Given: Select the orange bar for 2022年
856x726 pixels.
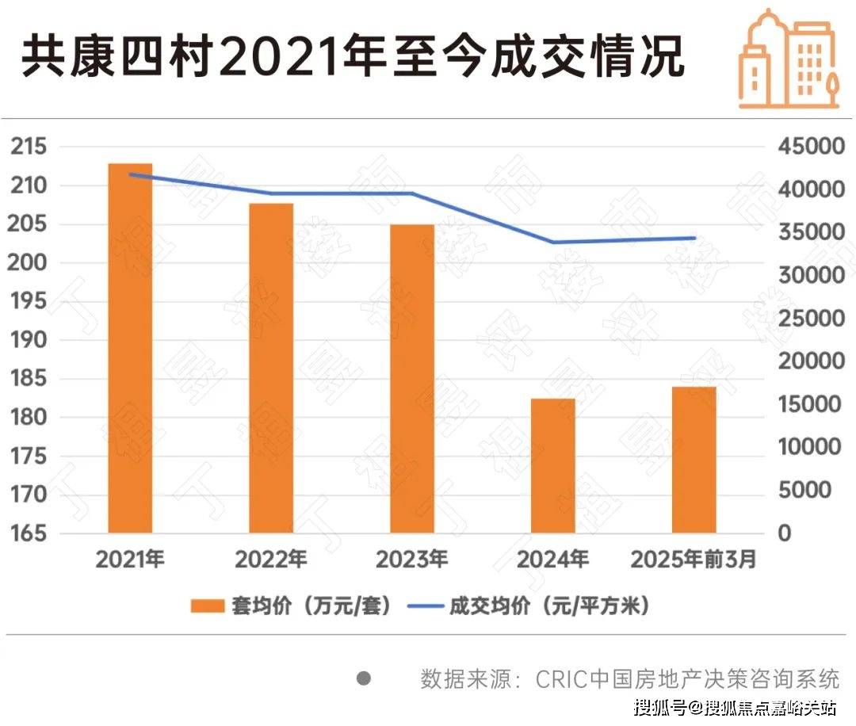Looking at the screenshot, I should click(x=271, y=368).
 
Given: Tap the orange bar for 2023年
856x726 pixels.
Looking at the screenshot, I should click(x=411, y=378).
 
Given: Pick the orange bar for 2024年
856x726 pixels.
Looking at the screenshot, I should click(x=552, y=465).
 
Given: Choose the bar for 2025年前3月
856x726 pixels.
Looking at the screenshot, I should click(x=694, y=460).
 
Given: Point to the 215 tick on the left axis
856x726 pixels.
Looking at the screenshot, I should click(x=28, y=147).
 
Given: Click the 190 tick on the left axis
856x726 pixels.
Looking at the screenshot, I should click(x=28, y=341).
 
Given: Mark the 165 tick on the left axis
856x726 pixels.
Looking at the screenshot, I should click(x=28, y=533).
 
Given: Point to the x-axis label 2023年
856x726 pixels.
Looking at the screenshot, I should click(x=411, y=560).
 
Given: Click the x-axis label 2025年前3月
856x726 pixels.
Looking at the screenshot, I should click(x=694, y=560).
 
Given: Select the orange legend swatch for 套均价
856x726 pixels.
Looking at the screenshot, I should click(x=208, y=607).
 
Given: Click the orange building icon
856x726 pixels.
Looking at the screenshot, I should click(x=788, y=59).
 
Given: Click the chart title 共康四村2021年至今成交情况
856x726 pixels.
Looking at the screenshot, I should click(x=352, y=59).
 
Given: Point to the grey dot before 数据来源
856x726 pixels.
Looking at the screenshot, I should click(x=364, y=678).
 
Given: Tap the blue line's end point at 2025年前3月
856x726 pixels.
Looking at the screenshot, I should click(x=694, y=238).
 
